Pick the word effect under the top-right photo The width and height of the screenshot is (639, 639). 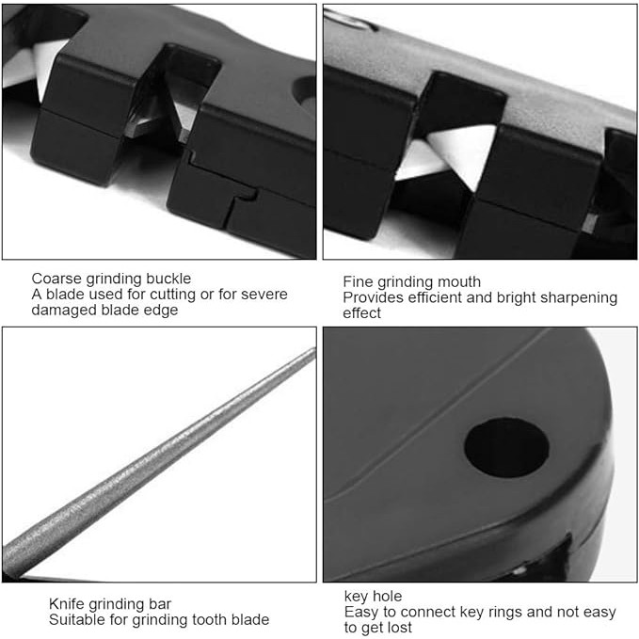[x=362, y=313]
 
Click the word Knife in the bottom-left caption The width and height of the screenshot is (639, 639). [x=67, y=603]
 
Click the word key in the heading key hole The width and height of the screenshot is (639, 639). [x=357, y=597]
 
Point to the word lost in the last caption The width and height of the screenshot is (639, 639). [x=398, y=627]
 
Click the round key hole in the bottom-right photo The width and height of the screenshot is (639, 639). [x=506, y=447]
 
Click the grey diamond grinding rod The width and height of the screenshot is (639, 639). [x=159, y=462]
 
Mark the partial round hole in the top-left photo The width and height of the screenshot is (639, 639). [x=305, y=89]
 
